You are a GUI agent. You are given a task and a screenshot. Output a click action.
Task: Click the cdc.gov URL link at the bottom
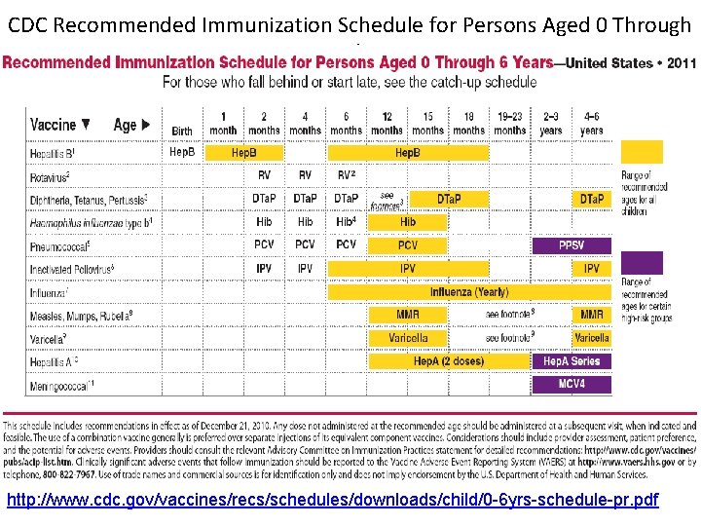332,501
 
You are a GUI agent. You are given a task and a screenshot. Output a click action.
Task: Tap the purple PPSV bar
572,245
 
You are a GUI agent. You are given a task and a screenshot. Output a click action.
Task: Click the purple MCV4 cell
572,385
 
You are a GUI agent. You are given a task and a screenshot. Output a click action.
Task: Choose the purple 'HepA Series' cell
572,361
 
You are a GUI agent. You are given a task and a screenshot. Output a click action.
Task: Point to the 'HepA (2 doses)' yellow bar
448,361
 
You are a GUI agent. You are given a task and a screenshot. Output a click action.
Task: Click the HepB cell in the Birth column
182,152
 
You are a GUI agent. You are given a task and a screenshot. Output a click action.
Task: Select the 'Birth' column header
182,131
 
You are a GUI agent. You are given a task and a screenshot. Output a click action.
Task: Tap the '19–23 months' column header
509,123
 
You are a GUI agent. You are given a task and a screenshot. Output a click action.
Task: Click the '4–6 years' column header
591,123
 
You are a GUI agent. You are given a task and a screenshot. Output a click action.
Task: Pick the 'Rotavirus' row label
49,176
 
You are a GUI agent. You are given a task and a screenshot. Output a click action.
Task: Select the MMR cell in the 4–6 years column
591,315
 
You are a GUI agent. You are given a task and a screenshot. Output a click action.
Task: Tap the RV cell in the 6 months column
346,176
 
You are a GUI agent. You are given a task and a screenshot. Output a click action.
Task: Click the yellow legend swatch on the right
642,152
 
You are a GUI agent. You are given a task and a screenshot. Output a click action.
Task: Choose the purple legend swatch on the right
642,262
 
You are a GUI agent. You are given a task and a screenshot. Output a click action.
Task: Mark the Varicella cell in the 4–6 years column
591,338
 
